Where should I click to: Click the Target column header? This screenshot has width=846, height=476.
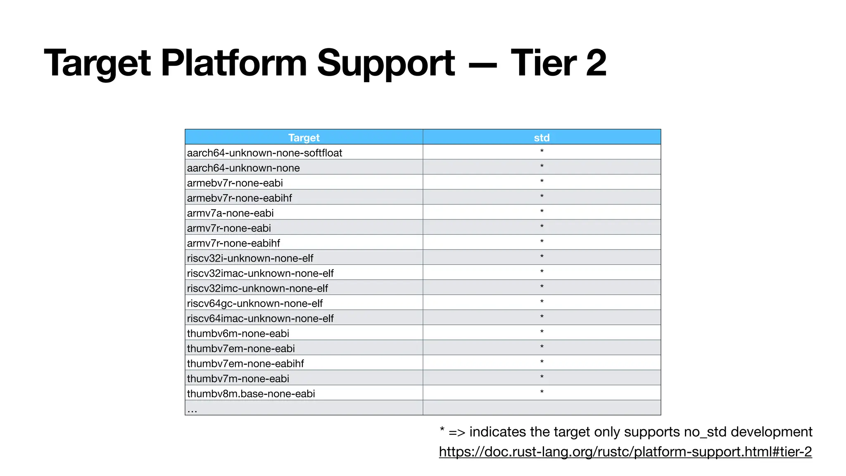pos(304,138)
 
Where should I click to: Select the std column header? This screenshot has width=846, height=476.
pos(542,138)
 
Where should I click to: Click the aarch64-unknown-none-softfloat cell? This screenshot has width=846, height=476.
pos(264,153)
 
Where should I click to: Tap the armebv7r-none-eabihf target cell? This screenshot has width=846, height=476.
pos(239,198)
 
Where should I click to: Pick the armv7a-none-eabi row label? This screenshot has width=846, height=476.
pos(230,213)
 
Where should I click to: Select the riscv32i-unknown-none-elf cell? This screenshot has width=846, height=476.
pos(250,258)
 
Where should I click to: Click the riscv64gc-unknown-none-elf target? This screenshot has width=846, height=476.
pos(254,303)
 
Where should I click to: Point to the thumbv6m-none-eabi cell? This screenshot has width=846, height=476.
pos(238,333)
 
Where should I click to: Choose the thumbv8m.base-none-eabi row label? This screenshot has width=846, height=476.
pos(251,394)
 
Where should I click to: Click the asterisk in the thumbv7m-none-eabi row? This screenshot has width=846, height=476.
pos(542,377)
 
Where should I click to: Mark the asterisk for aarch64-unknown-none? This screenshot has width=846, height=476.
pos(542,167)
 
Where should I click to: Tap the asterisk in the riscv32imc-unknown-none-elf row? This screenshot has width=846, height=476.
pos(542,287)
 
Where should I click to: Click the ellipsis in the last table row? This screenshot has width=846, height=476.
pos(192,410)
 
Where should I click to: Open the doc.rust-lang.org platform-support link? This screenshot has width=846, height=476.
pos(625,452)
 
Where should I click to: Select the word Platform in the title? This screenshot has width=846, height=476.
pos(233,63)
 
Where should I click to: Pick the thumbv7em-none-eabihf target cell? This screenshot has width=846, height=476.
pos(245,364)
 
